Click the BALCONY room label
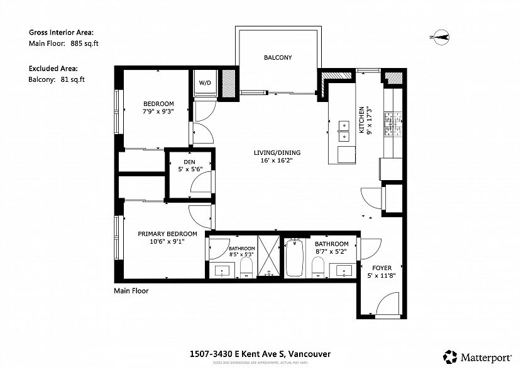pyautogui.click(x=277, y=58)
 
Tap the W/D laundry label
pyautogui.click(x=205, y=83)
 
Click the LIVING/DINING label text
pyautogui.click(x=277, y=152)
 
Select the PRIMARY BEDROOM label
pyautogui.click(x=167, y=234)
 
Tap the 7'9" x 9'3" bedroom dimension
pyautogui.click(x=158, y=111)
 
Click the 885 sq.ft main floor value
pyautogui.click(x=84, y=43)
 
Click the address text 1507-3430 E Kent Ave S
pyautogui.click(x=260, y=354)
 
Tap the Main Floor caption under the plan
pyautogui.click(x=131, y=291)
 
